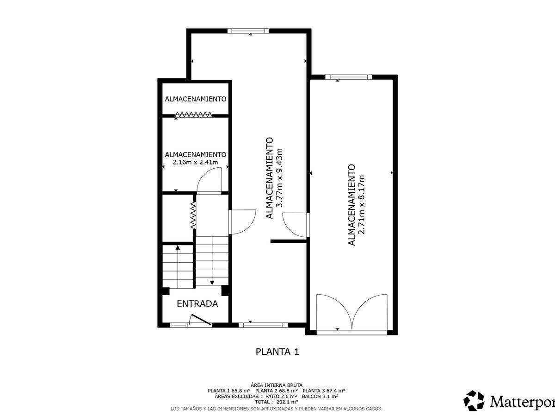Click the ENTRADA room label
197,303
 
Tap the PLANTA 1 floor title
277,352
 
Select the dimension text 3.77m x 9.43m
279,178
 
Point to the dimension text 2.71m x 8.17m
362,205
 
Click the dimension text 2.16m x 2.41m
196,162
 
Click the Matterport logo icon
474,401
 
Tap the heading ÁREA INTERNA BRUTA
277,385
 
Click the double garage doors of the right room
351,314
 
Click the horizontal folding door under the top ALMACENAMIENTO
194,115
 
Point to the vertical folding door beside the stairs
193,215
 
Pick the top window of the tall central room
248,31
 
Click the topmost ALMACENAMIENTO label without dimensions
196,99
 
